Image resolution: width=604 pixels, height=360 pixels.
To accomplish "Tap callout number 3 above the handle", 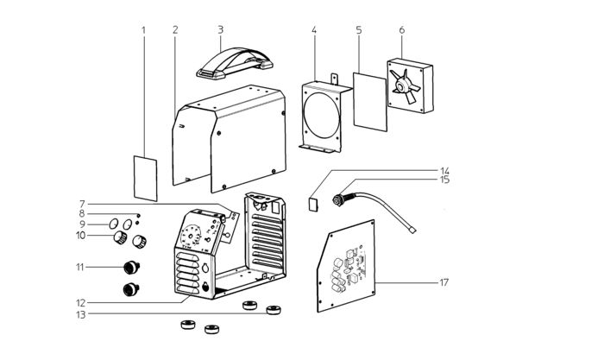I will tap(220, 28).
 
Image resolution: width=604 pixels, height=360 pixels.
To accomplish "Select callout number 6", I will tap(402, 29).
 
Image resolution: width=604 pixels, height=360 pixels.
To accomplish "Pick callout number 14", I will tap(444, 171).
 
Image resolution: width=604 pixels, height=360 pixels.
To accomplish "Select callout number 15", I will tap(444, 180).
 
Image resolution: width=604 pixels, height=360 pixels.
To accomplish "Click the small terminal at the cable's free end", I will tap(414, 231).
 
